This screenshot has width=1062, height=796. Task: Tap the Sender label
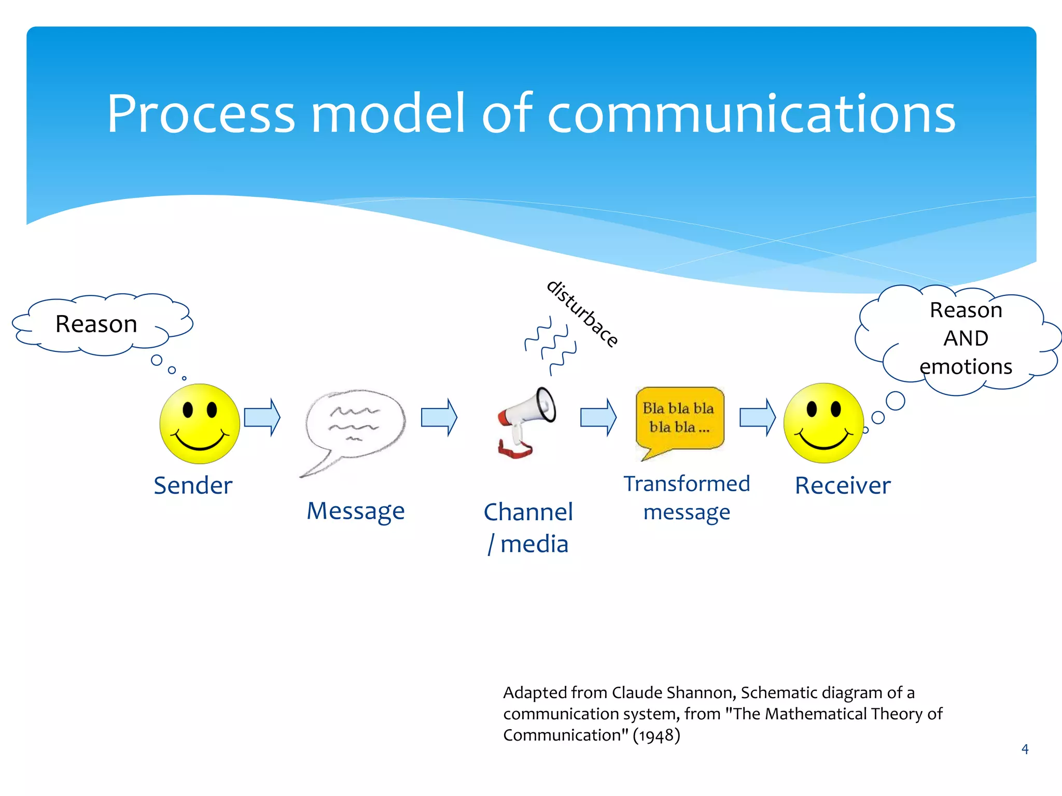tap(193, 486)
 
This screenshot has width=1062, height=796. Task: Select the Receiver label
tap(843, 486)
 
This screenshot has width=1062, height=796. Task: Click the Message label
tap(356, 511)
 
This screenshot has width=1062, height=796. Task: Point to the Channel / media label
tap(528, 528)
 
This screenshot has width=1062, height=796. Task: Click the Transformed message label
tap(687, 498)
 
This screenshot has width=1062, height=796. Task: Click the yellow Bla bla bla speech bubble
tap(679, 419)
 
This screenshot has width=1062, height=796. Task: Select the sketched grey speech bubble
tap(355, 425)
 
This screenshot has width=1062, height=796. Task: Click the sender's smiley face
tap(200, 423)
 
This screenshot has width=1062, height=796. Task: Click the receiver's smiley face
tap(823, 423)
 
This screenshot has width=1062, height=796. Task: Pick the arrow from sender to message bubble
tap(262, 417)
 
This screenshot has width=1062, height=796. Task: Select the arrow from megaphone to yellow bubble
tap(598, 417)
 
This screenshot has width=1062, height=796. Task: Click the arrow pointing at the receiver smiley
tap(757, 417)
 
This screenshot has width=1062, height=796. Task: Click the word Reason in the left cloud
tap(96, 324)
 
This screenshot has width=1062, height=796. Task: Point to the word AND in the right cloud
tap(966, 338)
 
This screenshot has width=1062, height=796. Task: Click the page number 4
tap(1025, 749)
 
